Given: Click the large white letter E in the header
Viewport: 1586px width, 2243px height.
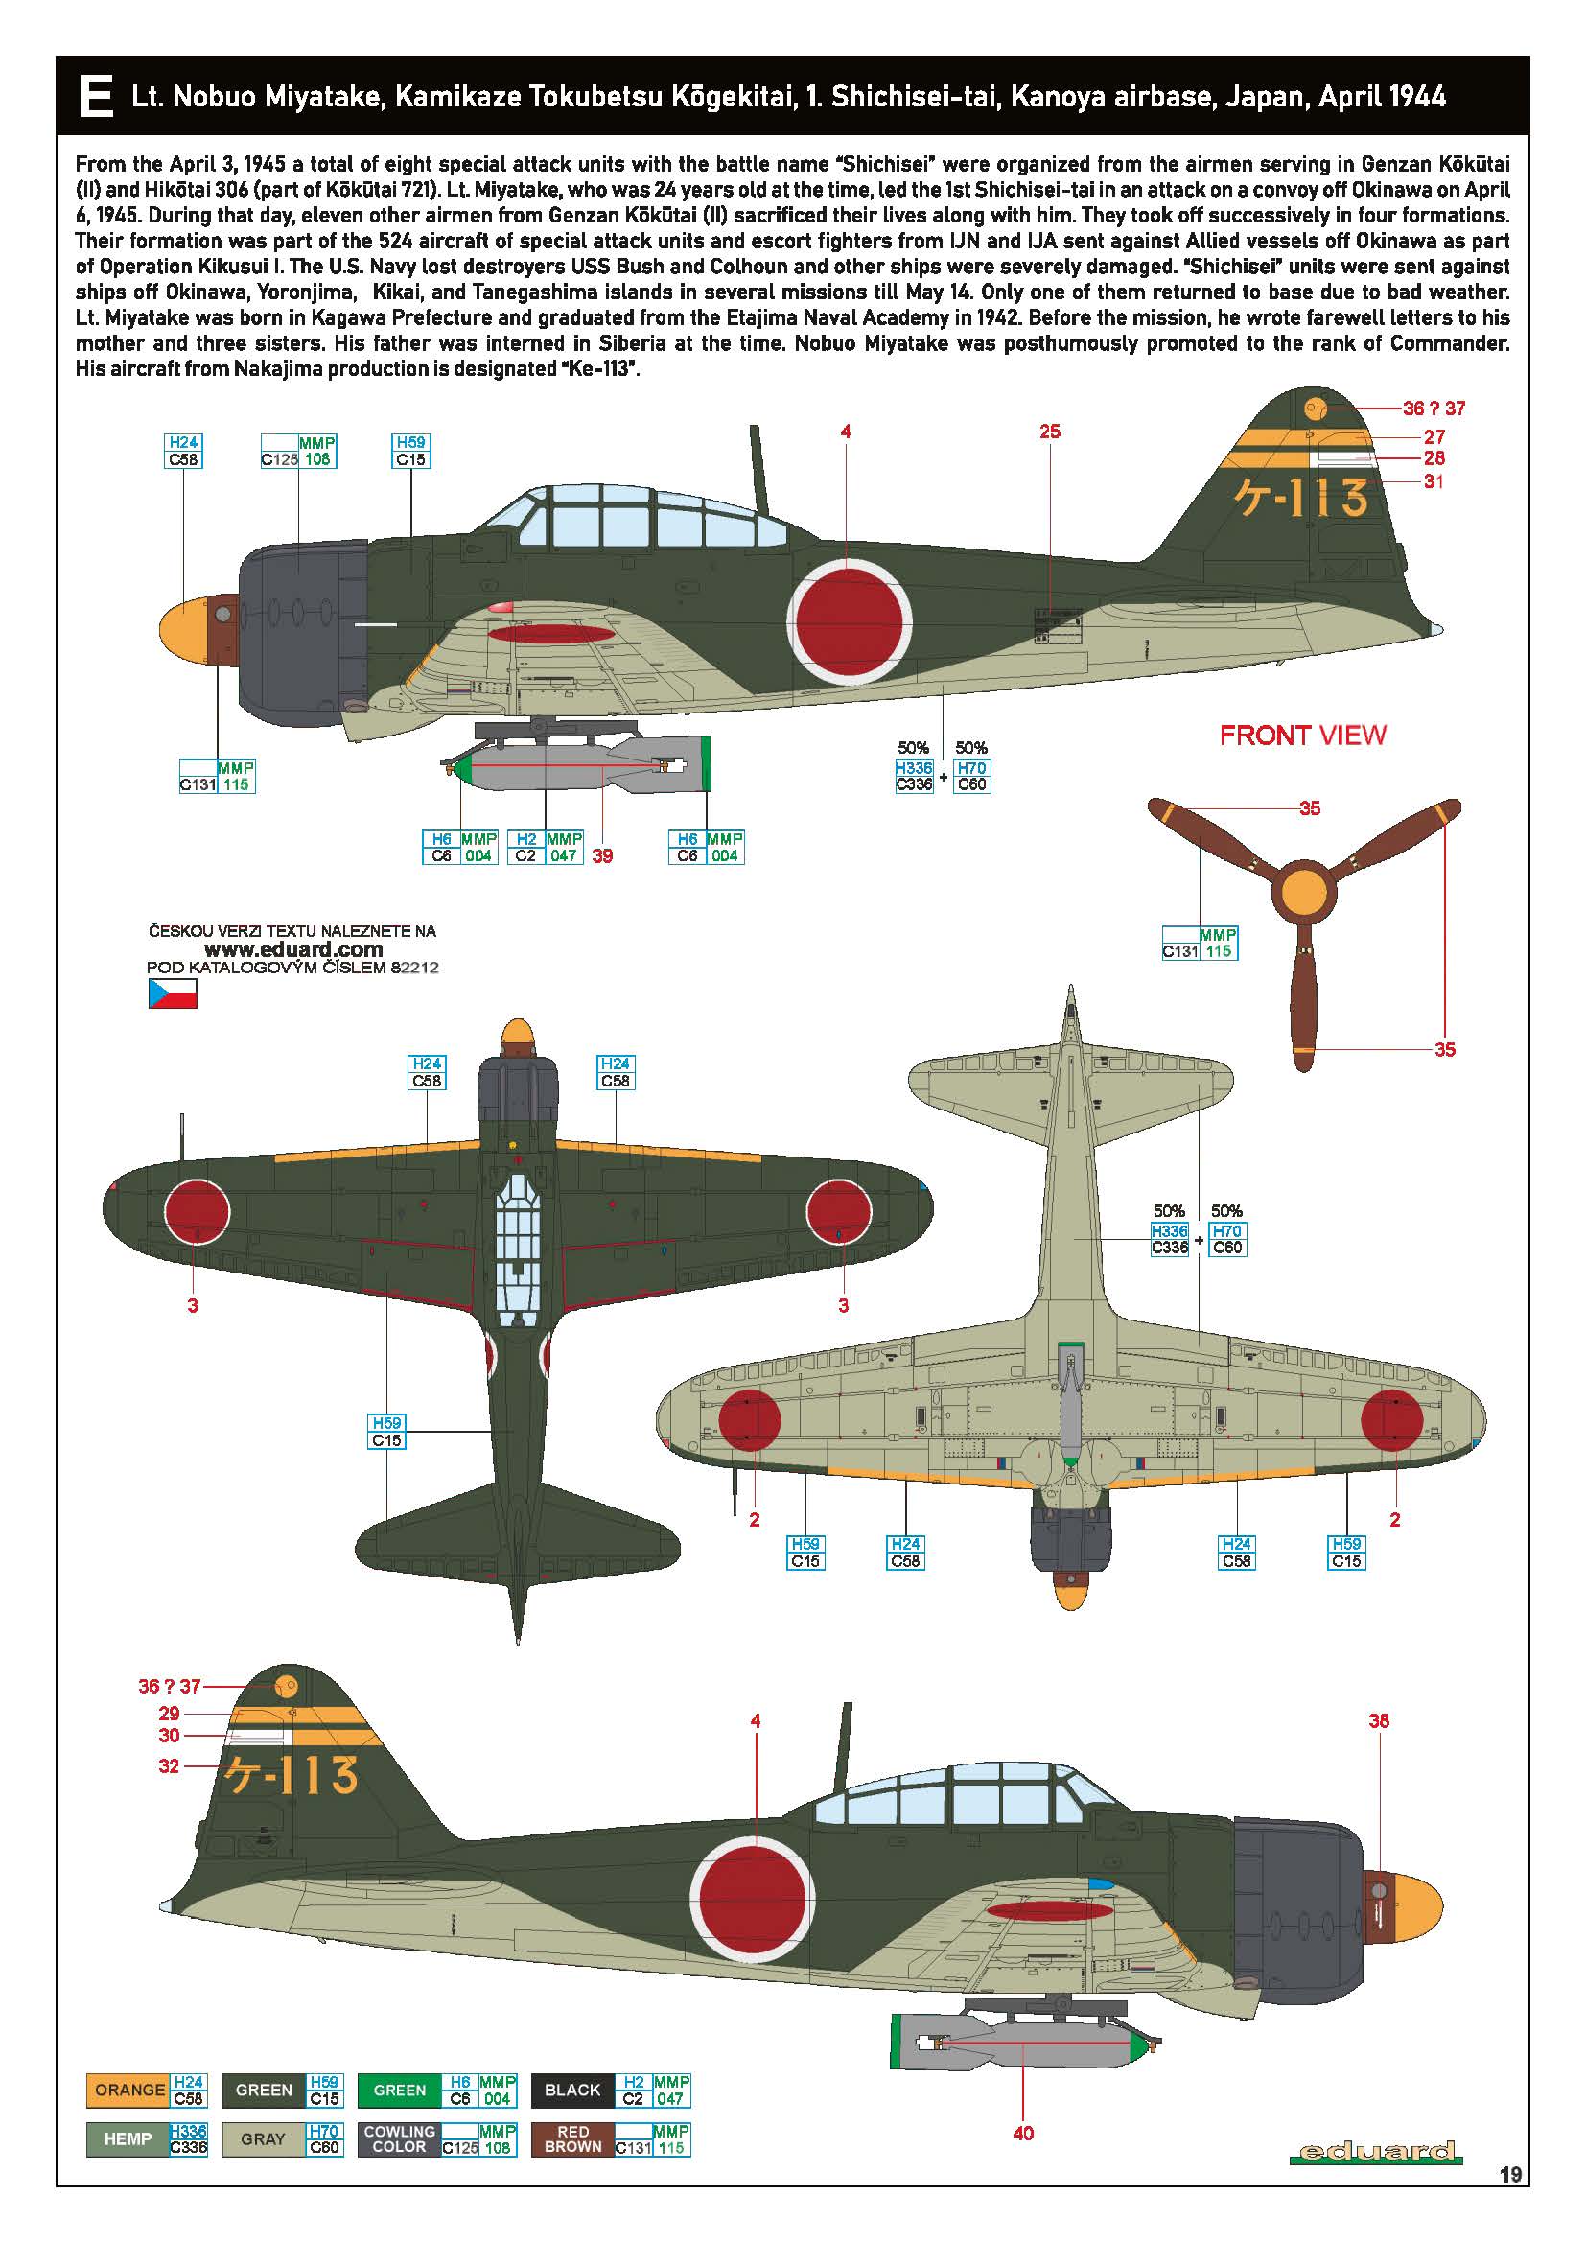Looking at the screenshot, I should tap(96, 96).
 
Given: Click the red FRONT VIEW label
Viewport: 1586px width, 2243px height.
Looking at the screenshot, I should tap(1302, 736).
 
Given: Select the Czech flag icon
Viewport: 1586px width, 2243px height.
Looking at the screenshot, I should tap(172, 993).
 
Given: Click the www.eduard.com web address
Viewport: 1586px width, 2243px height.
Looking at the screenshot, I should tap(293, 949).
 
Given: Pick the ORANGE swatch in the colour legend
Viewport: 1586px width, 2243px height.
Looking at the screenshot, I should tap(128, 2091).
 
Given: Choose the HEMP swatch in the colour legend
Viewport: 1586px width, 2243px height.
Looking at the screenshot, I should tap(127, 2139).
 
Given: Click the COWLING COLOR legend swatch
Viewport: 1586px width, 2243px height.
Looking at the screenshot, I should tap(399, 2139).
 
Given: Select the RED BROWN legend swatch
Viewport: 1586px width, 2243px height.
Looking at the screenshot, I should tap(572, 2139).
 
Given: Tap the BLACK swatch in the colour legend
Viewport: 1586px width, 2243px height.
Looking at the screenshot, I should tap(572, 2091).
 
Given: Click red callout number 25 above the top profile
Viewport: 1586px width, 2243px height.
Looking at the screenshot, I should tap(1050, 431).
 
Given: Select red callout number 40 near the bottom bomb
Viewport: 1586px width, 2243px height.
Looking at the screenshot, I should tap(1022, 2134).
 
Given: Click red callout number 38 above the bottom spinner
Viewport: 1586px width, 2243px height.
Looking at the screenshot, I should tap(1378, 1720).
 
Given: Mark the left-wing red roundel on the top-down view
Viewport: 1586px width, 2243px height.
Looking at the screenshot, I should tap(198, 1209).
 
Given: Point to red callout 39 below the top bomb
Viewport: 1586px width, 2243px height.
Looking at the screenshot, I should tap(602, 855).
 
